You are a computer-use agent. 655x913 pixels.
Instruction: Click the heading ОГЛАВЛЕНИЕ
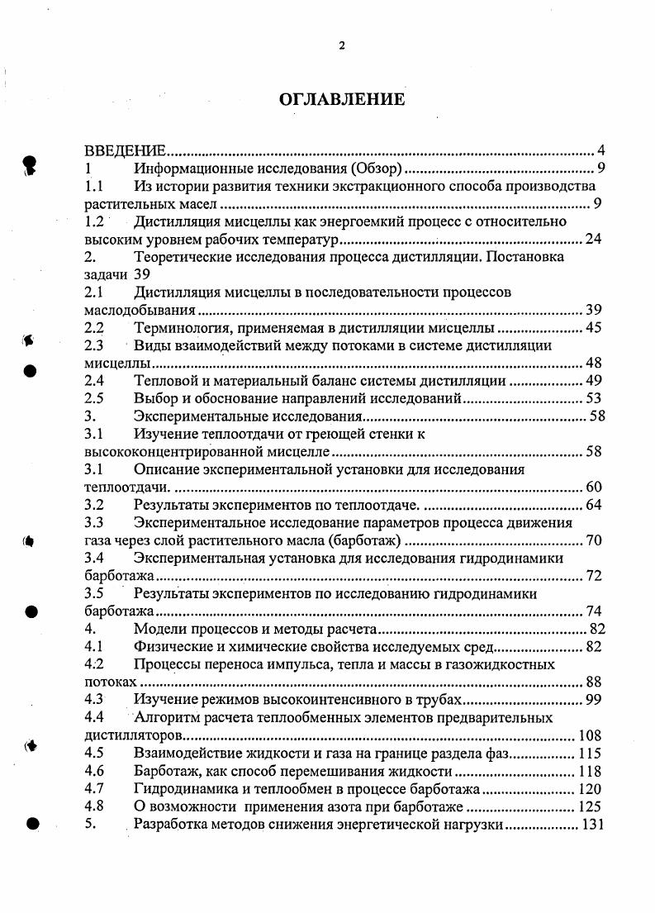[342, 100]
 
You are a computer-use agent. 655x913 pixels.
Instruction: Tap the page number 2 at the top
[342, 46]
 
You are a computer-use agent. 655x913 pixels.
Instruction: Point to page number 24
[593, 240]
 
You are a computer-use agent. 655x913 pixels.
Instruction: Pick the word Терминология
[180, 328]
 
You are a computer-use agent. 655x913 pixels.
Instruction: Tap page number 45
[593, 328]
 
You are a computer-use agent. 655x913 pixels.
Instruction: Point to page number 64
[593, 505]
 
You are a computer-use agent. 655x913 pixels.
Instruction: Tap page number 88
[593, 682]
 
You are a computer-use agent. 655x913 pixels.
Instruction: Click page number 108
[590, 735]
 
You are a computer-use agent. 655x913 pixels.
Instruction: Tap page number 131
[593, 825]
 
